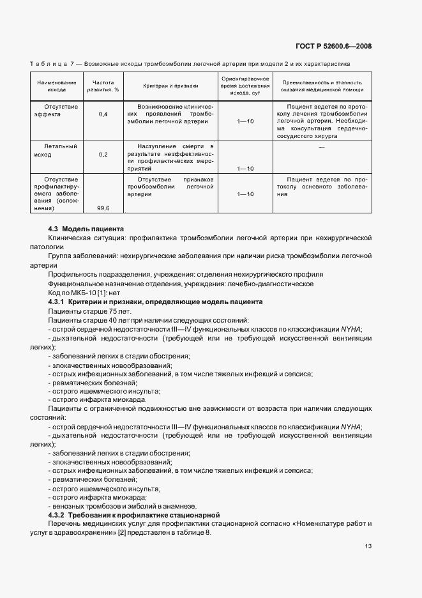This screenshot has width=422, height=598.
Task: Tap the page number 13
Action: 368,546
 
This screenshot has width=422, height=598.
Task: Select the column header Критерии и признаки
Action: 170,86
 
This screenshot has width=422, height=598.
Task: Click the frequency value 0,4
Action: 103,114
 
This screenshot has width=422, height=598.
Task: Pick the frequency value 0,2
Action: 103,155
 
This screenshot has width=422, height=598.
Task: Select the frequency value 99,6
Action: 103,208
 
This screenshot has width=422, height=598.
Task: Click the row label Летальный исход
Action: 57,150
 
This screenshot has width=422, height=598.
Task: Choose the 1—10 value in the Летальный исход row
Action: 245,169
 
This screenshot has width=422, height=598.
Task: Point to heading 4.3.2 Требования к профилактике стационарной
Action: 134,514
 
